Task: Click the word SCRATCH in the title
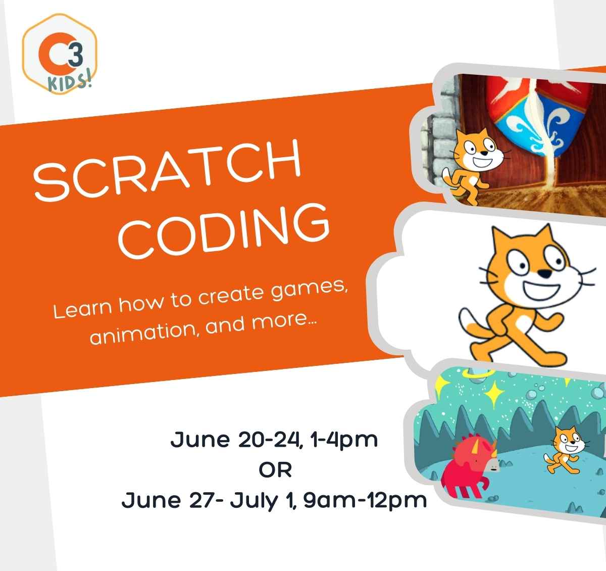click(x=168, y=169)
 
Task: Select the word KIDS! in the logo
click(x=70, y=82)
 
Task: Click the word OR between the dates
click(x=275, y=470)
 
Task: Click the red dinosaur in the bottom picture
click(x=468, y=466)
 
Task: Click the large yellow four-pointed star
click(x=494, y=394)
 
